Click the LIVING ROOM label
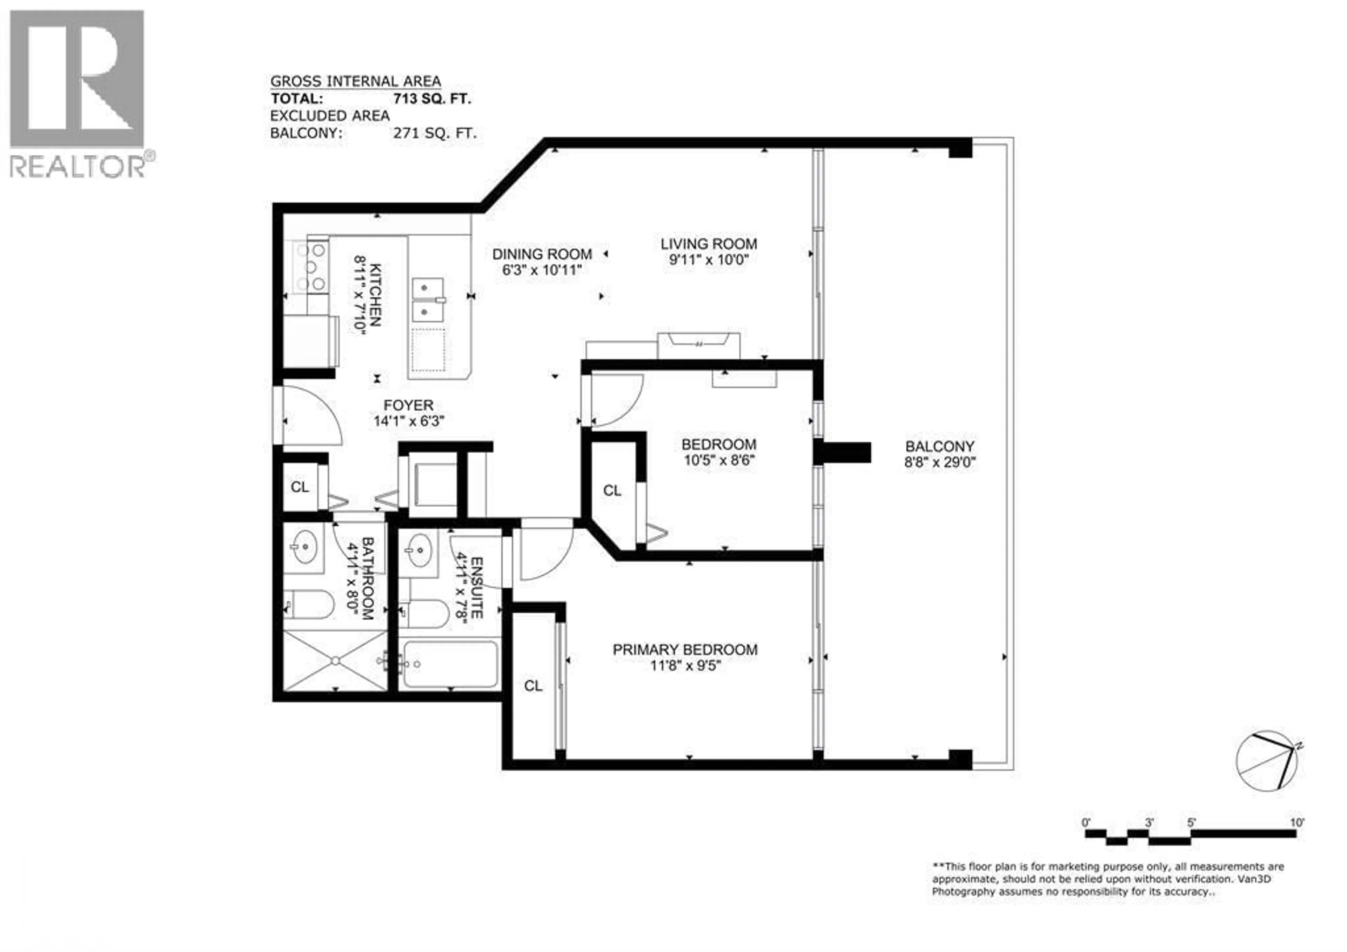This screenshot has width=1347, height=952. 708,244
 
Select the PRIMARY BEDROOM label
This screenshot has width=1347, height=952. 685,650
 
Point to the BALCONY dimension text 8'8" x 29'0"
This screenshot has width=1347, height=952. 939,462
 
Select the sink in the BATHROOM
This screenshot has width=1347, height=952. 303,547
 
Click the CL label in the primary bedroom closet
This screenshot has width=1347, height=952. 533,686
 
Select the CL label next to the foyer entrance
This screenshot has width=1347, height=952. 300,487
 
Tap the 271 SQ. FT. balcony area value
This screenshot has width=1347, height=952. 435,133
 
